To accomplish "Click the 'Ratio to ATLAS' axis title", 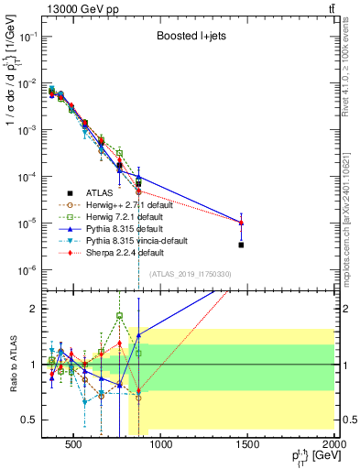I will point(10,364).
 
